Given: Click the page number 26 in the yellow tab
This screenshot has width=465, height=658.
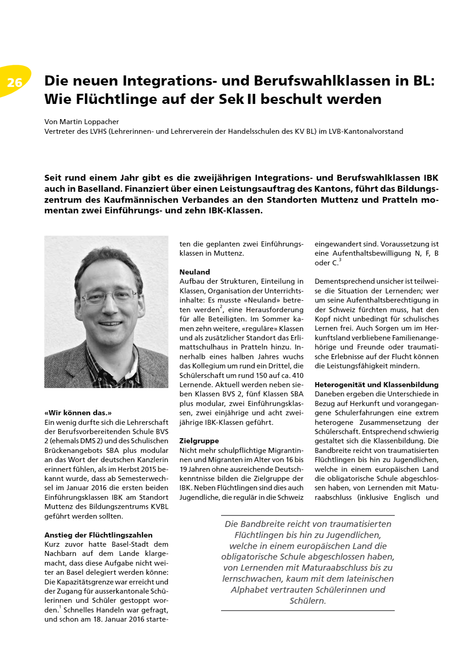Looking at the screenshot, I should click(x=15, y=82).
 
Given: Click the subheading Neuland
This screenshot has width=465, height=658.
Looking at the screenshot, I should click(x=194, y=272).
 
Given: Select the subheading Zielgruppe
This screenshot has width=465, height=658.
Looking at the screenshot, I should click(x=199, y=441).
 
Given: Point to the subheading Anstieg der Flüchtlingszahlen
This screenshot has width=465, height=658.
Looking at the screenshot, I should click(x=98, y=535).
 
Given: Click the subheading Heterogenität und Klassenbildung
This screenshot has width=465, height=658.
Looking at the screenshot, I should click(x=376, y=384).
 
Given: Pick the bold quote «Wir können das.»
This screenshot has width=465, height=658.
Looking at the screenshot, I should click(x=78, y=412).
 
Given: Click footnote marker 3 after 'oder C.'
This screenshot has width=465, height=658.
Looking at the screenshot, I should click(x=340, y=260).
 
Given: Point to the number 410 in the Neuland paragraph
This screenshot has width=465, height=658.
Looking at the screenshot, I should click(x=298, y=375).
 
